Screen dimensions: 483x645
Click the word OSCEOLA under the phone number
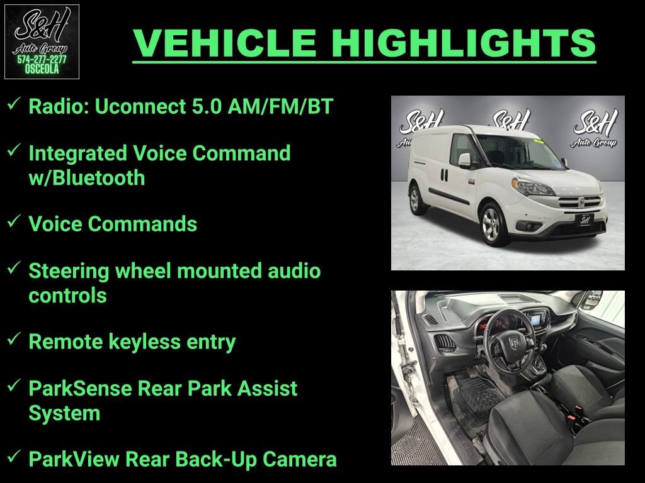42,70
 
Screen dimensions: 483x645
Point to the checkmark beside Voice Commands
13,223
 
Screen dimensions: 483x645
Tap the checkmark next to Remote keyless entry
13,340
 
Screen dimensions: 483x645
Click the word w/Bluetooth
87,177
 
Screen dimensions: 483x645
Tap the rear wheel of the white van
415,200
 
